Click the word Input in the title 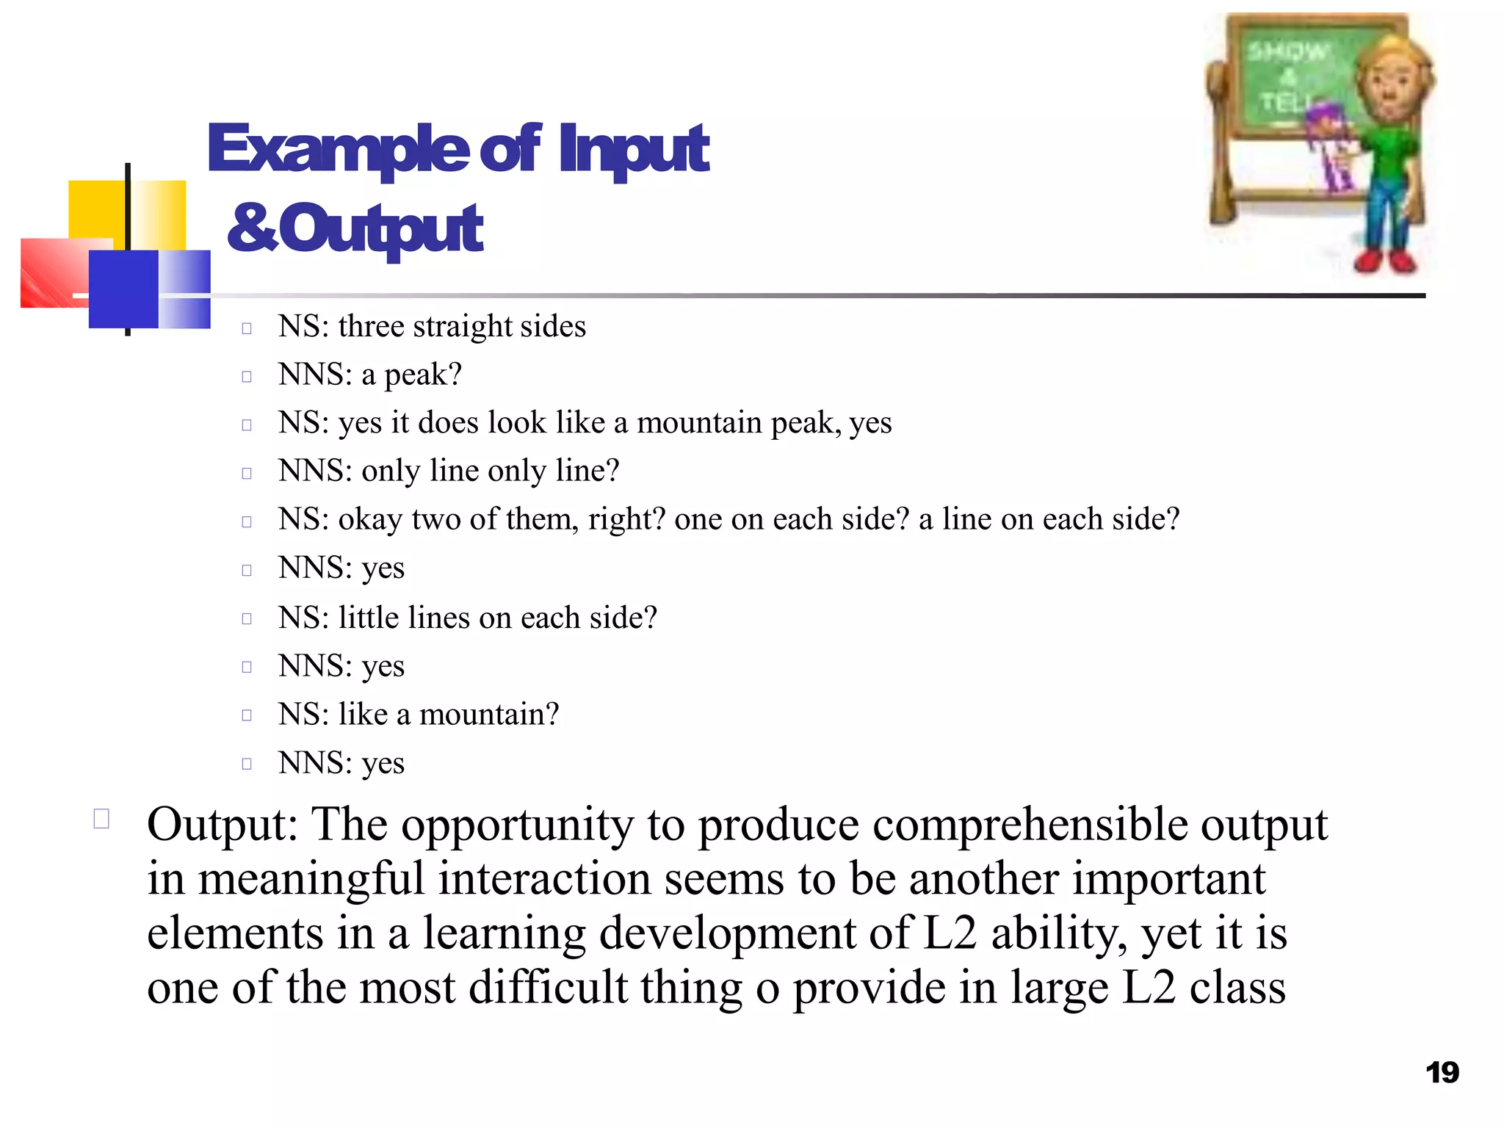pyautogui.click(x=633, y=150)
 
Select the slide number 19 pyautogui.click(x=1442, y=1073)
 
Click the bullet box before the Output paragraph pyautogui.click(x=101, y=819)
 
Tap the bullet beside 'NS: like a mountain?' pyautogui.click(x=247, y=715)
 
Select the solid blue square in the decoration pyautogui.click(x=123, y=289)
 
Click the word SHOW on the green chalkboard pyautogui.click(x=1287, y=52)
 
